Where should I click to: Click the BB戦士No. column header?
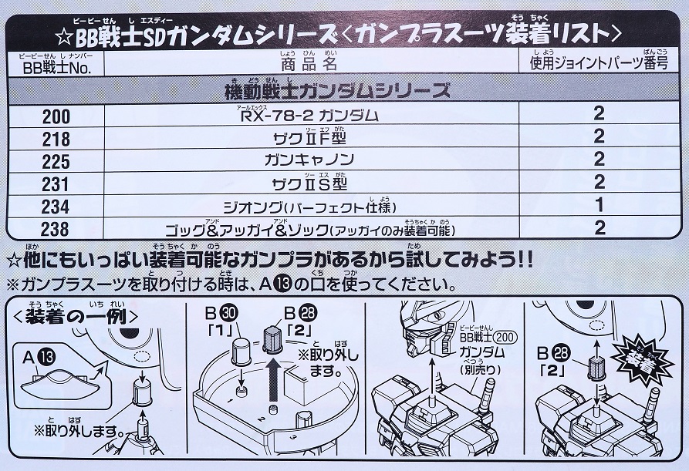pos(56,68)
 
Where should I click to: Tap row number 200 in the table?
pos(56,116)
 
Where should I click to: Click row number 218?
pos(56,140)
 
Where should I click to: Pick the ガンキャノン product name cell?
pos(309,160)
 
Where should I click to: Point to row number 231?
pos(56,184)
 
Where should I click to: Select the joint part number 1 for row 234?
pos(599,205)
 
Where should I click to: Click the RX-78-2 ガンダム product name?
pos(310,116)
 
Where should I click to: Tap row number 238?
pos(56,229)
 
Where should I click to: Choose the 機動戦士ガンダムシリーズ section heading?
pos(337,91)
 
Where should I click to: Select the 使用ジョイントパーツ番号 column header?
pos(599,65)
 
